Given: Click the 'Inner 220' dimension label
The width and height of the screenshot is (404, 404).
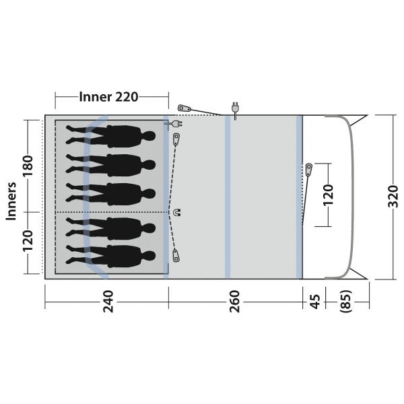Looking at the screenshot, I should tap(108, 97).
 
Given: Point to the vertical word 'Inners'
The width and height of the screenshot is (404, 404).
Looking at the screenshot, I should tap(11, 201).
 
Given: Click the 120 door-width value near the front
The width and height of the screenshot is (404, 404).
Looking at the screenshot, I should tap(328, 194).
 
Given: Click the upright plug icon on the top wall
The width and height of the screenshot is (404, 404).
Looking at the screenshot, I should tap(235, 109).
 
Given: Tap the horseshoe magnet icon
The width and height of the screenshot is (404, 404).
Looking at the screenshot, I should tap(178, 213).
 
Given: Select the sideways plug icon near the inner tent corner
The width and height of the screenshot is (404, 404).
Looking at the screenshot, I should tap(176, 125).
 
